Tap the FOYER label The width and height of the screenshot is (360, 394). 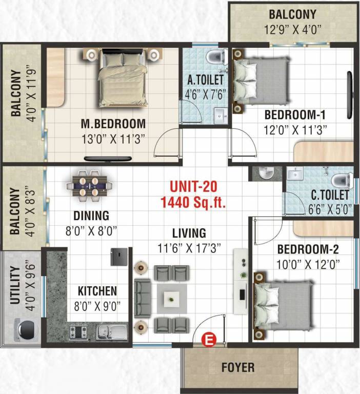pos(237,368)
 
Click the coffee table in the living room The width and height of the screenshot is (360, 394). pos(171,297)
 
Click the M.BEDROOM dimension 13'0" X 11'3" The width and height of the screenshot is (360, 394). pos(113,138)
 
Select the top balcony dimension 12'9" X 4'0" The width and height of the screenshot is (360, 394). pos(292,29)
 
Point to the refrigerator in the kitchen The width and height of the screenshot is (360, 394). pos(118,257)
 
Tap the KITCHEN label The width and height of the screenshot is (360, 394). pos(97,291)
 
